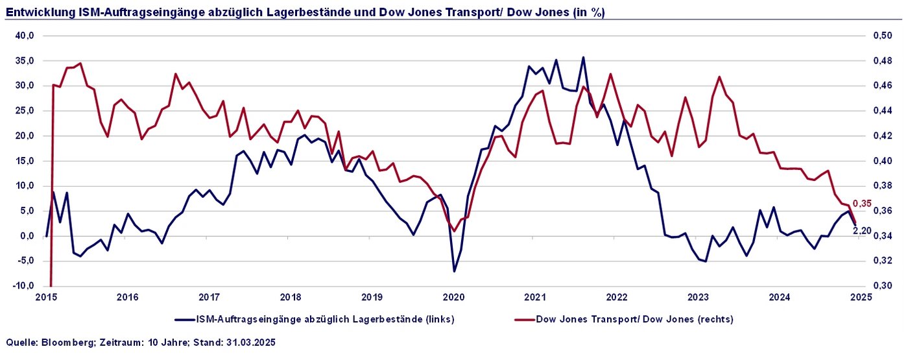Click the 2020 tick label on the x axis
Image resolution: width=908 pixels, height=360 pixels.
[453, 298]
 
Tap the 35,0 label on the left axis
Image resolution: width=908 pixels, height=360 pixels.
[25, 60]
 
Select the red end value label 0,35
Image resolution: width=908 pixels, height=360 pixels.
[862, 204]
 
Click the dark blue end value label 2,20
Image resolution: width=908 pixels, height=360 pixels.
[862, 230]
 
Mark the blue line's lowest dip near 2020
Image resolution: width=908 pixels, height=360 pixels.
[454, 271]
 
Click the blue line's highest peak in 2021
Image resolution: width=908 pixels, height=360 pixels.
[583, 57]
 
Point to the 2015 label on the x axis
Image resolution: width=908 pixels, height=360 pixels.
[46, 298]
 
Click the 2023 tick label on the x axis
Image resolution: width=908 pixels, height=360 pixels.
[698, 298]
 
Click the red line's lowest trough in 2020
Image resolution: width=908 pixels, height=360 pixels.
[454, 231]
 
